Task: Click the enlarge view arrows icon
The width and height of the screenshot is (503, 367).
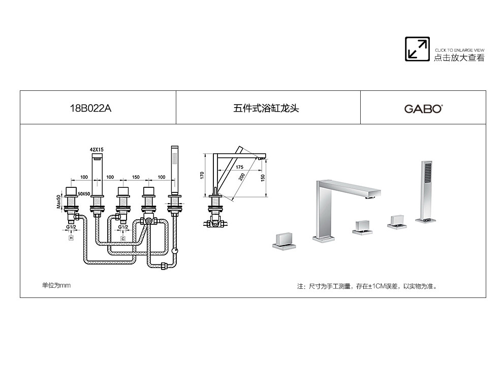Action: [x=417, y=49]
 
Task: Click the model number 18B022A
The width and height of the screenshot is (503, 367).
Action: [x=90, y=108]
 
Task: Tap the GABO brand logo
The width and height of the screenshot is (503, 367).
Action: [x=423, y=109]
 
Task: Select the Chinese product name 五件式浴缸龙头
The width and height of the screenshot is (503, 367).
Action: [x=266, y=108]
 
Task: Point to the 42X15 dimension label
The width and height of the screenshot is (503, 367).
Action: [x=97, y=149]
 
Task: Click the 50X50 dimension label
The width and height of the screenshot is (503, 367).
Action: [x=84, y=193]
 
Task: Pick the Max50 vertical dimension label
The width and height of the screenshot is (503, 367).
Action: [x=59, y=202]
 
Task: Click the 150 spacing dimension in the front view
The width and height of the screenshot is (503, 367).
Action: [x=136, y=177]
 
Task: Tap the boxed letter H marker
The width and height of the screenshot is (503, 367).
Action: [x=71, y=238]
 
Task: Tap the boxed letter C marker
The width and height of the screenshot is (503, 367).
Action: [x=123, y=239]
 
